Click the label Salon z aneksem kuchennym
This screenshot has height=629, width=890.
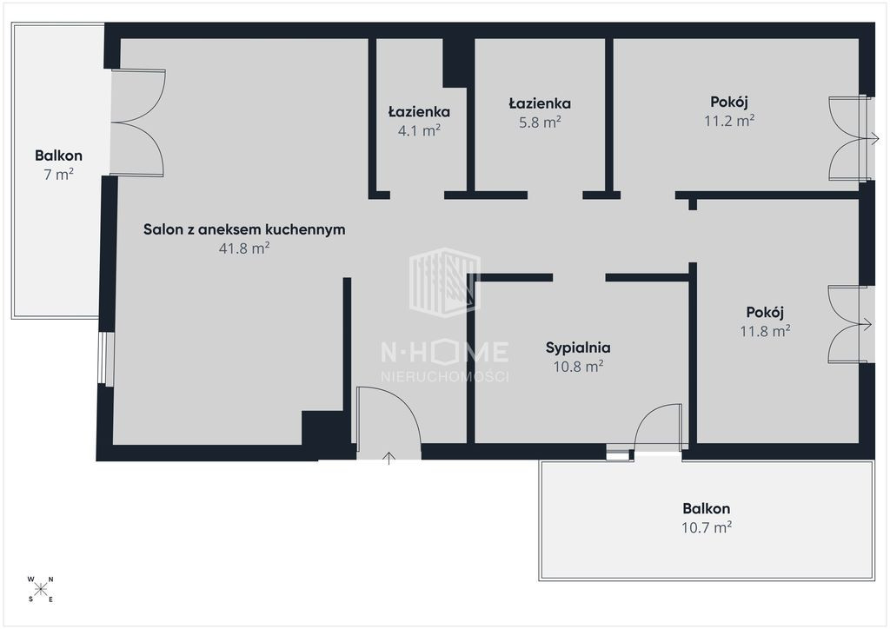244,229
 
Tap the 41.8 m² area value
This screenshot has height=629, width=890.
244,248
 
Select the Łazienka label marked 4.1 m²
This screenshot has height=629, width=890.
420,112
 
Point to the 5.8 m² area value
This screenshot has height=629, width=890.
540,122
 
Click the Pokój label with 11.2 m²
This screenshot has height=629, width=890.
729,103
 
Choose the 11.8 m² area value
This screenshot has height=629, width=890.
765,331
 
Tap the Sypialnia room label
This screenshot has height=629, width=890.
578,348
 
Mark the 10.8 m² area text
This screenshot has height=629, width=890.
578,367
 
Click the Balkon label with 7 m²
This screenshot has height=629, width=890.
58,156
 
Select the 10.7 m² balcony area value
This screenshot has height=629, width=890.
706,527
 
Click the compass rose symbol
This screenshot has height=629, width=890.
41,589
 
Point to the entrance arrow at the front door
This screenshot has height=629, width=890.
389,458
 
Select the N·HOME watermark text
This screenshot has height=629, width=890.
444,352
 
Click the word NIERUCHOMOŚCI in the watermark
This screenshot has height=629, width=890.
444,376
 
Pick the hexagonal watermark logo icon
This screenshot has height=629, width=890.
445,281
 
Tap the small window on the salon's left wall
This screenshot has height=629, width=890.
106,358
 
